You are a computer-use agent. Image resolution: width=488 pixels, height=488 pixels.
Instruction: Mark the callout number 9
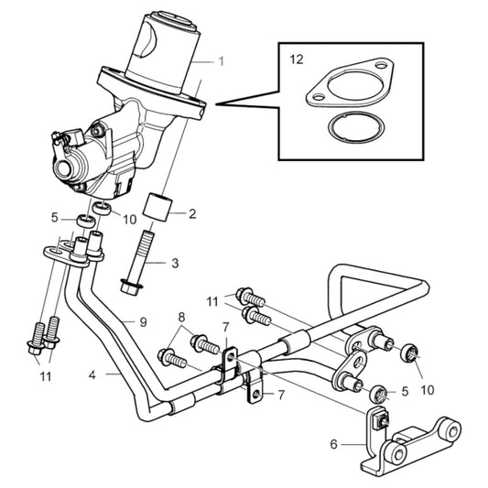click(143, 321)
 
